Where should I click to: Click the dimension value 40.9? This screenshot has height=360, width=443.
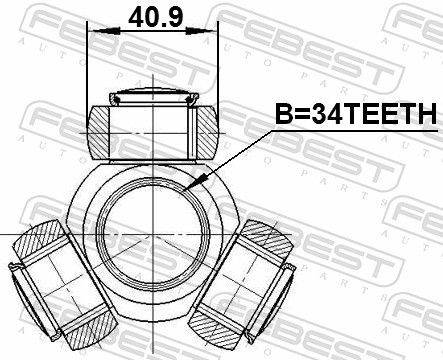[x=154, y=16]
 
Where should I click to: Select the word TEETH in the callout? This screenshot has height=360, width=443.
[x=390, y=116]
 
